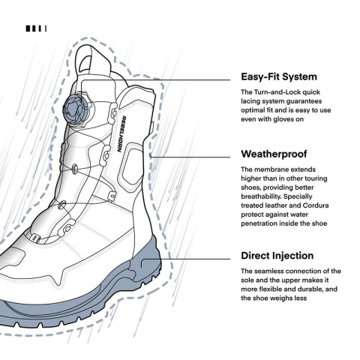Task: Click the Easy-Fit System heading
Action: click(x=279, y=76)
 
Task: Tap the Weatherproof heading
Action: click(x=274, y=154)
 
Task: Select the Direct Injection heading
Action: click(x=277, y=256)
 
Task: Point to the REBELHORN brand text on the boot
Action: click(x=121, y=134)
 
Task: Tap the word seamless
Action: click(x=269, y=271)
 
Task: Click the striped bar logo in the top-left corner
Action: click(x=36, y=28)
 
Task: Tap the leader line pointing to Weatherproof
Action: click(x=190, y=157)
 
